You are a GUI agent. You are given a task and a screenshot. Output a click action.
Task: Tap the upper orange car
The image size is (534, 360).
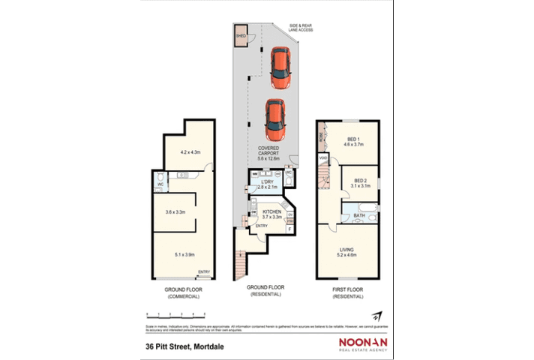[280, 66]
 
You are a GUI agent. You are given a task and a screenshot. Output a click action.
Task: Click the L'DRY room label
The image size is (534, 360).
[267, 183]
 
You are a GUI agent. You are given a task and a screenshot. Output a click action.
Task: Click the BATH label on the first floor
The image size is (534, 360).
[360, 215]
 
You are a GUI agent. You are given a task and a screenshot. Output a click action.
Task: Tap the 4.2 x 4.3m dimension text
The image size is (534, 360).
[190, 153]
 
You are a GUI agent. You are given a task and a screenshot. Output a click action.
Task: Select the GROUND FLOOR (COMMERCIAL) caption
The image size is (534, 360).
[183, 292]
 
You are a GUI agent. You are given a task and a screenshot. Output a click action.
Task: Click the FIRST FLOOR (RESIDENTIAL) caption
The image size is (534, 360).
[347, 292]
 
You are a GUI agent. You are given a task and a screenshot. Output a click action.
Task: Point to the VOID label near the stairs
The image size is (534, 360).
[323, 158]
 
